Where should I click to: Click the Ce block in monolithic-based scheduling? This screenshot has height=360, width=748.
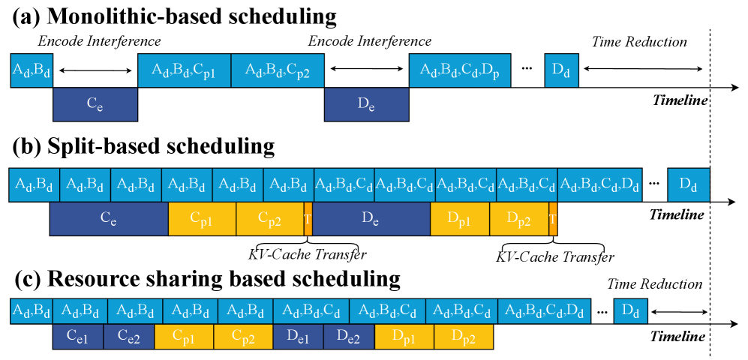(x=95, y=105)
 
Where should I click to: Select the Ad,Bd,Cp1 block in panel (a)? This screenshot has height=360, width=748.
(x=185, y=70)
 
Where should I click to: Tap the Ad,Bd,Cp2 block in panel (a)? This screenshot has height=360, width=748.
(x=278, y=70)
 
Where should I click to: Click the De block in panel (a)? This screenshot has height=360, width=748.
(x=366, y=105)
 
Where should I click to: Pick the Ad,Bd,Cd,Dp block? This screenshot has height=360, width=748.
(x=459, y=70)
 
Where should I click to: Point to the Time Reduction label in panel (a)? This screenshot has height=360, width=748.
(x=639, y=42)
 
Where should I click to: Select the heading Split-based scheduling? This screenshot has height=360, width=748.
(x=143, y=146)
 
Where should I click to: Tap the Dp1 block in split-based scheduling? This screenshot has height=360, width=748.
(x=460, y=219)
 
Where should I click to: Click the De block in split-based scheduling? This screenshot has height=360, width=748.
(x=372, y=219)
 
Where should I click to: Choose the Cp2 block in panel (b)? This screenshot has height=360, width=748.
(x=269, y=219)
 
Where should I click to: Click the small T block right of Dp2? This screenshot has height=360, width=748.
(x=553, y=219)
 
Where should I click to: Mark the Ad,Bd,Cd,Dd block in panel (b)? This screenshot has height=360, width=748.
(x=599, y=184)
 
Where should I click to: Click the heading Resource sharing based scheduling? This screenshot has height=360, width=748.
(x=206, y=279)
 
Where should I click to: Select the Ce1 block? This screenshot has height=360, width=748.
(x=78, y=337)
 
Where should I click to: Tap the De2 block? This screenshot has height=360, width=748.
(x=350, y=337)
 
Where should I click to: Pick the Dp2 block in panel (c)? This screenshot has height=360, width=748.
(x=464, y=337)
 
